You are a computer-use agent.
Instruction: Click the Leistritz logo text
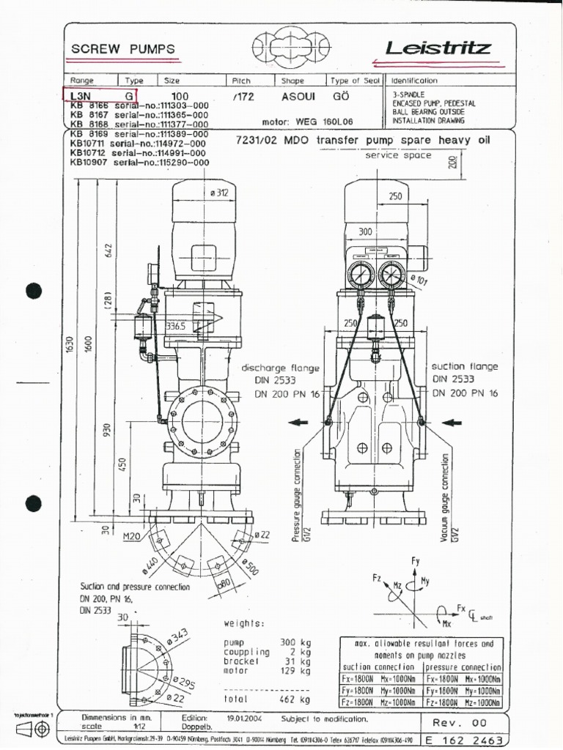[x=438, y=49]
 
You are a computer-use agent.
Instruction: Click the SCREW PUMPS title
[x=122, y=49]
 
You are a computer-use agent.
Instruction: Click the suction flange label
[x=465, y=366]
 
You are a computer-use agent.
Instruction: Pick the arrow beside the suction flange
[x=451, y=423]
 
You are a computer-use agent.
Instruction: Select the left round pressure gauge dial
[x=361, y=276]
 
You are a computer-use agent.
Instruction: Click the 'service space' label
[x=398, y=156]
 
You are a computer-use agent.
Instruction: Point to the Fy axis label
[x=416, y=561]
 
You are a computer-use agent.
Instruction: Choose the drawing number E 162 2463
[x=465, y=740]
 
